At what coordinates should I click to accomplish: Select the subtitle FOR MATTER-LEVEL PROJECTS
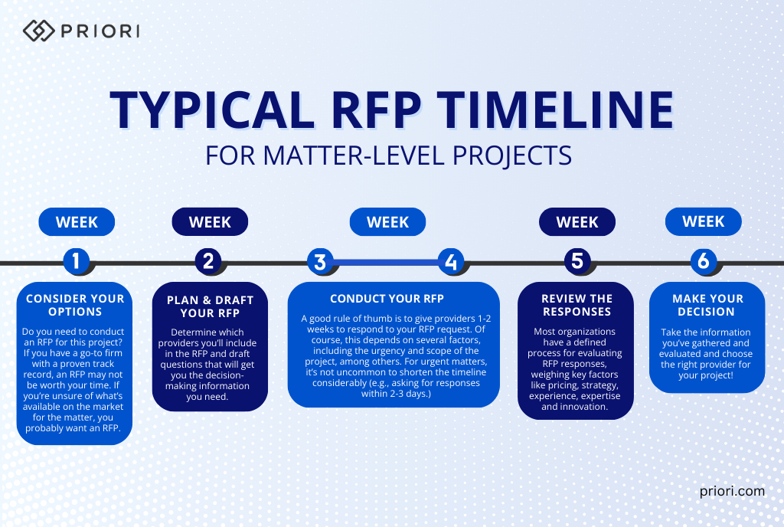(389, 155)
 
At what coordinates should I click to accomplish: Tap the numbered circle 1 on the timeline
(76, 262)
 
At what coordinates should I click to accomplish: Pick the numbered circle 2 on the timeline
(209, 262)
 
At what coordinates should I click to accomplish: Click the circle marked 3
(320, 262)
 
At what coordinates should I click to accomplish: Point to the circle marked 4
(451, 262)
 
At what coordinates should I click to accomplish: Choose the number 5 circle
(577, 262)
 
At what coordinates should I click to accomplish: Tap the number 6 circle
(703, 262)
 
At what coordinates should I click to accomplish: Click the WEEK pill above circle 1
(77, 222)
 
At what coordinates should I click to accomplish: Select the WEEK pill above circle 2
(210, 222)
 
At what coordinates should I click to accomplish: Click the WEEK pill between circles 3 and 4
(387, 222)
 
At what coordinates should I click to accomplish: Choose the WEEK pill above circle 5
(577, 222)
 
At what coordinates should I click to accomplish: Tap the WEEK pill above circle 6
(703, 222)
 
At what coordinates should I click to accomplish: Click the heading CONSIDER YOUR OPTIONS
(74, 305)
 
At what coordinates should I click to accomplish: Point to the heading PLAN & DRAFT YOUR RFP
(210, 306)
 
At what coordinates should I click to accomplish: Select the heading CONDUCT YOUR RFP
(387, 299)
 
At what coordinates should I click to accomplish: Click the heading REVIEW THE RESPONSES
(577, 305)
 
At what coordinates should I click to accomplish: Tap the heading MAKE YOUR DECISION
(707, 305)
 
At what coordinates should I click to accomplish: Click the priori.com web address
(732, 492)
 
